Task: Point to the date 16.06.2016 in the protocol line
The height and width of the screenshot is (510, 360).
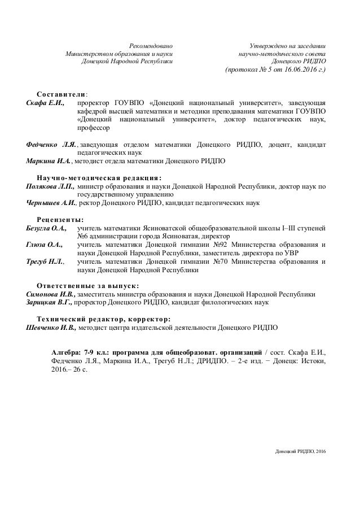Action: (x=293, y=70)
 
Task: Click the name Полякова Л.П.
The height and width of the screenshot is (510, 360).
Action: (x=50, y=185)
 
